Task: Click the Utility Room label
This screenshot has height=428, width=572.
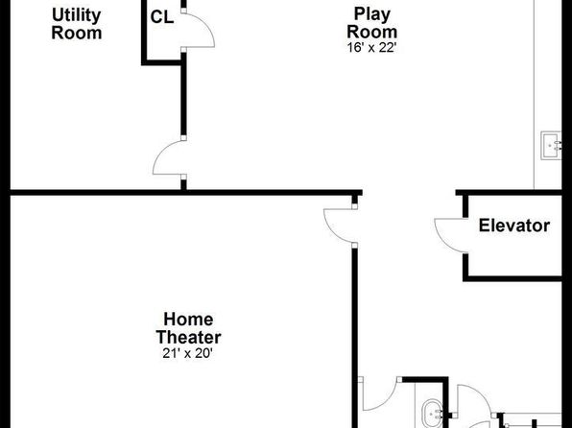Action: point(77,24)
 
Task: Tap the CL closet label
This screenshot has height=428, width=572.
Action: point(162,17)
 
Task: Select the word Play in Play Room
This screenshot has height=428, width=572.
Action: point(372,15)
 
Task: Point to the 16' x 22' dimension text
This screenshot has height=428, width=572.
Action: point(371,47)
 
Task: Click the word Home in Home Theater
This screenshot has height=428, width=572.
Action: point(188,320)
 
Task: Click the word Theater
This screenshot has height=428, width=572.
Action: point(189,337)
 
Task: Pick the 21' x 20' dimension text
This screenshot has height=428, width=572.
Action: point(187,353)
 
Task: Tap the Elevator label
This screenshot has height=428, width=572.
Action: point(514,226)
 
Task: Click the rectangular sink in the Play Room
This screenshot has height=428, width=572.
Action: point(551,146)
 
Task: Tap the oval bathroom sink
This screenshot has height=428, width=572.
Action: point(433,414)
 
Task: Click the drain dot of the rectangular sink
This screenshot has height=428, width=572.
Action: point(550,146)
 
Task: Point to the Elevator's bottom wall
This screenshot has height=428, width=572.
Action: point(512,278)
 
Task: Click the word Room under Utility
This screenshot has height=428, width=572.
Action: point(77,33)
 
